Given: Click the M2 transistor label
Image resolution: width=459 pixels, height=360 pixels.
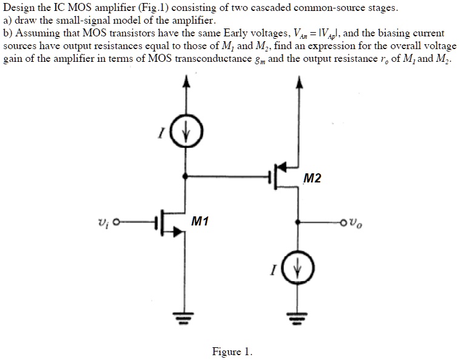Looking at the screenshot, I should (x=313, y=178).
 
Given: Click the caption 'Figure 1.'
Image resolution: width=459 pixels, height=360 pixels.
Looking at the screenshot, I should (x=232, y=352).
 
